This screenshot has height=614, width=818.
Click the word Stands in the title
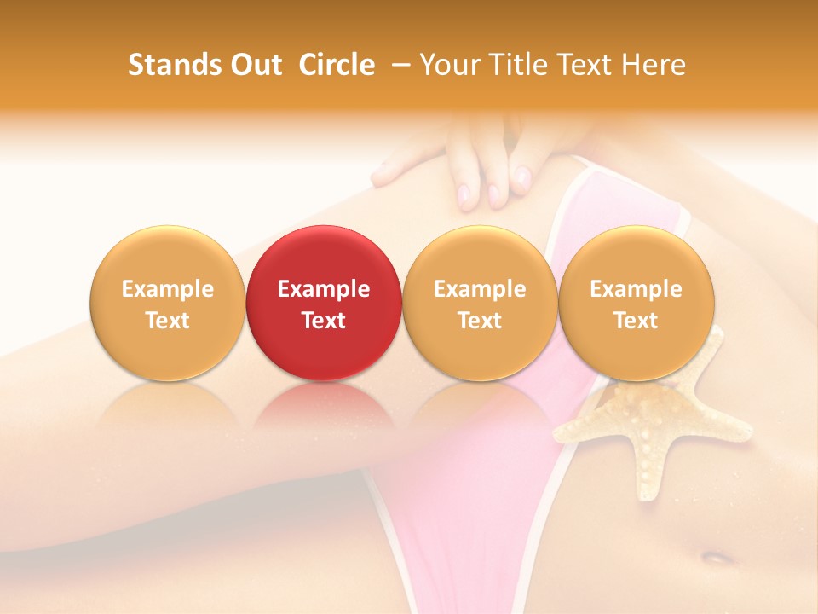tap(174, 65)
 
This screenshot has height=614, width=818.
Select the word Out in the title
tap(254, 65)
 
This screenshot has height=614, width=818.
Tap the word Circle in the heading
tap(337, 65)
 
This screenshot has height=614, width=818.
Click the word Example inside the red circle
tap(324, 289)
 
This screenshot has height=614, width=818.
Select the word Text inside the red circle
tap(324, 321)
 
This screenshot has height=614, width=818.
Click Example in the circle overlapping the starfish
tap(636, 289)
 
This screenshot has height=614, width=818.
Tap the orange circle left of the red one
tap(168, 303)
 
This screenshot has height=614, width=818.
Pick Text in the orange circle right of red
tap(480, 321)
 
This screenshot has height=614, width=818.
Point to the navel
tap(717, 559)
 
